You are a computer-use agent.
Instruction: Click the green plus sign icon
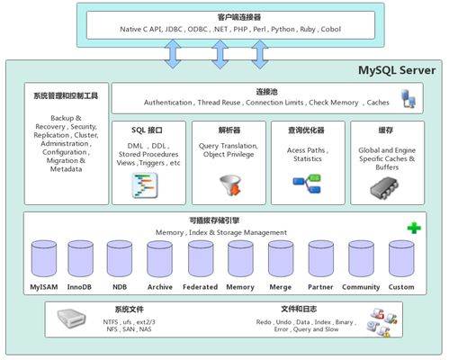point(413,228)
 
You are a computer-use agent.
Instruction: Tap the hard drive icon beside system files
point(70,319)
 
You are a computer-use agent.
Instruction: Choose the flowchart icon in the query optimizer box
point(307,184)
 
